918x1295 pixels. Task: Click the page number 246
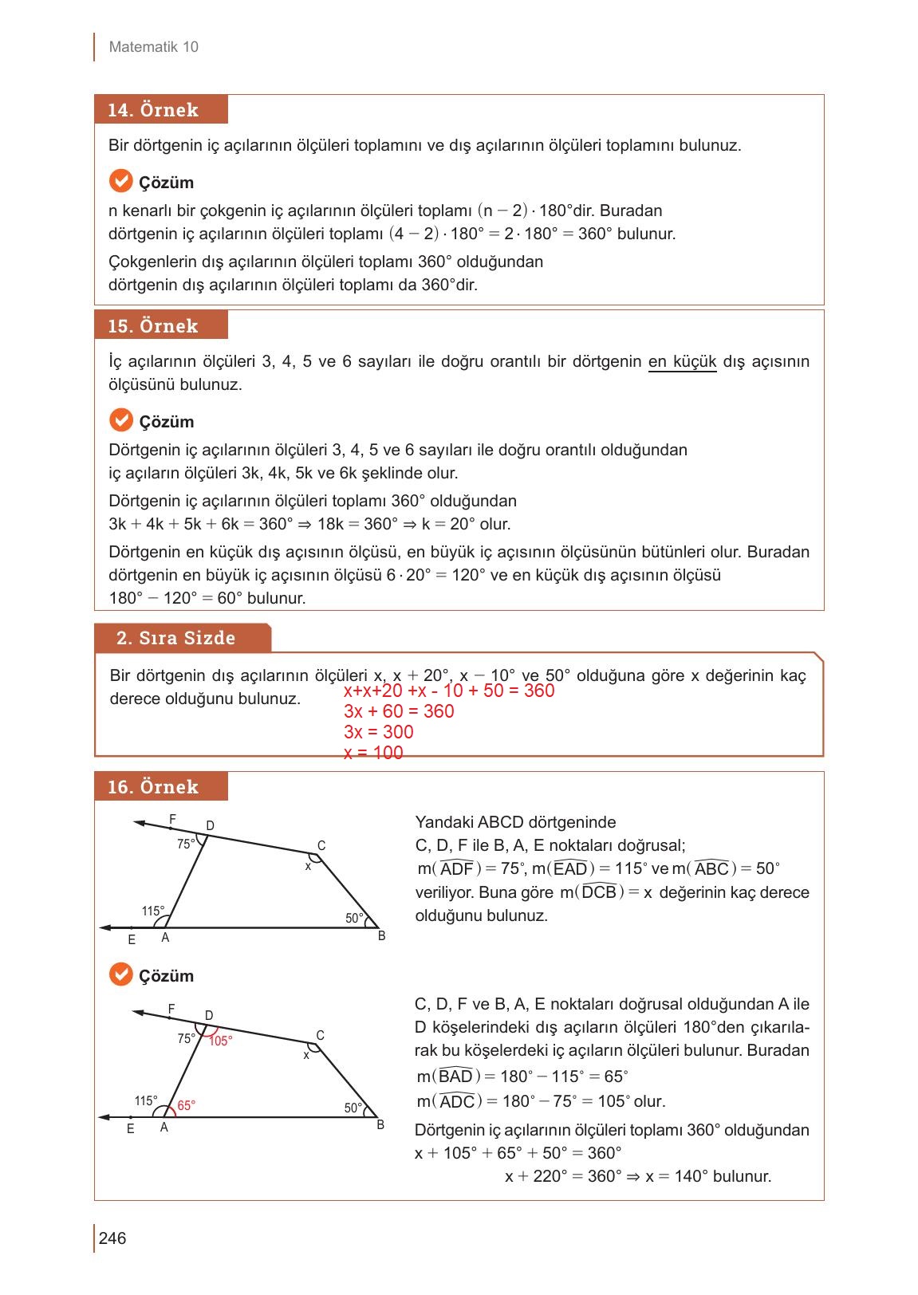[112, 1238]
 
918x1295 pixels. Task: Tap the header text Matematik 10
[153, 47]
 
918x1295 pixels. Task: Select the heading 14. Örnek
[153, 110]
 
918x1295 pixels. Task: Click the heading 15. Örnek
[153, 326]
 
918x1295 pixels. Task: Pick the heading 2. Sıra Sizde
[176, 638]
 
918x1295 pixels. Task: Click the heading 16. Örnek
[153, 787]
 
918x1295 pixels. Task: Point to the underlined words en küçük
[682, 362]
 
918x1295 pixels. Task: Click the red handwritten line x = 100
[373, 753]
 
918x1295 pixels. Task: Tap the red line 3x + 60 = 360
[399, 711]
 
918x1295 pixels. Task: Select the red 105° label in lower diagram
[220, 1041]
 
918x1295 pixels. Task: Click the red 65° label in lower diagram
[186, 1105]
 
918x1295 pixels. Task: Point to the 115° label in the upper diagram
[153, 911]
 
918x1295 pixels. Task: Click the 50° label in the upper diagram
[354, 918]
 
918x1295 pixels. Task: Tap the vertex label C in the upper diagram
[321, 845]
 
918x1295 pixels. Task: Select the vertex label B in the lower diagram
[380, 1125]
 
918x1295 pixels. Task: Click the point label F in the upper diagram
[173, 819]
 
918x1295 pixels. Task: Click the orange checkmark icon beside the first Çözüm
[120, 182]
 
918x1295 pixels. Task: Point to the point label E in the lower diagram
[130, 1129]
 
